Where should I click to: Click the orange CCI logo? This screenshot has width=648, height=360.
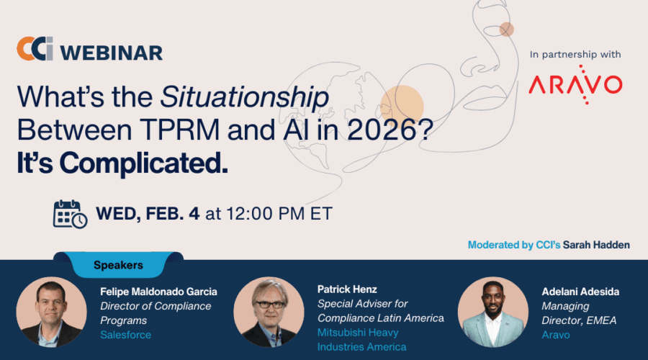tap(35, 48)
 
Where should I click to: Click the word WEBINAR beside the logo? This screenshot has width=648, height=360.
tap(112, 53)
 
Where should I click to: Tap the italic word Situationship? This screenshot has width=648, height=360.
tap(245, 98)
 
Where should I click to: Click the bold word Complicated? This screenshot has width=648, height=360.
tap(144, 163)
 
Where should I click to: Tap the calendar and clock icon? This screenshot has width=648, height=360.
tap(71, 214)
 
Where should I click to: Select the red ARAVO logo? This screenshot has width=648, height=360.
tap(575, 84)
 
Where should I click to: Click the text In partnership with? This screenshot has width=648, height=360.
tap(575, 55)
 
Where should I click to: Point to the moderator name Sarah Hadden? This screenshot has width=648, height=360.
tap(596, 245)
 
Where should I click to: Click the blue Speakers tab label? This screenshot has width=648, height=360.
tap(118, 265)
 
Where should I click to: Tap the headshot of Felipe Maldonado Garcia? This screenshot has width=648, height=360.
tap(51, 312)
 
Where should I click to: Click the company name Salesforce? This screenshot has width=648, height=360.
tap(125, 335)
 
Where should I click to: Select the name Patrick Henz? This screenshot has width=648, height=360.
tap(347, 289)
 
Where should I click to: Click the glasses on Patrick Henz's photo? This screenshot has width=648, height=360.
tap(270, 305)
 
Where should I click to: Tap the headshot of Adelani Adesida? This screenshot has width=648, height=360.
tap(493, 312)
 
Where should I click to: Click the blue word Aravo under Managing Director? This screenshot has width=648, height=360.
tap(555, 335)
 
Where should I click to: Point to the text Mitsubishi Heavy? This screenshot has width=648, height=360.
tap(358, 333)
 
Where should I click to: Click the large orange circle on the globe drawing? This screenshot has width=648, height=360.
tap(402, 107)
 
